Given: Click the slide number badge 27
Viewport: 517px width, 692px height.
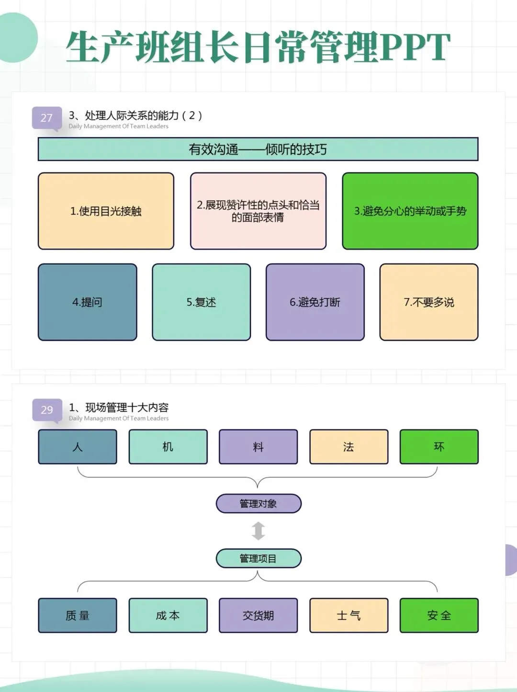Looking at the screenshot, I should click(46, 118).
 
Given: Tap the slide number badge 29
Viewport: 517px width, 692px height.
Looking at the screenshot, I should click(47, 410).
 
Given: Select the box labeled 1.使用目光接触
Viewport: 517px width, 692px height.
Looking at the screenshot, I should click(106, 211).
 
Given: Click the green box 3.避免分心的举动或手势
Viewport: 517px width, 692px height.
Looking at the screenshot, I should click(410, 211).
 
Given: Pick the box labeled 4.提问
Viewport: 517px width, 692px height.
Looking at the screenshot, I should click(87, 302).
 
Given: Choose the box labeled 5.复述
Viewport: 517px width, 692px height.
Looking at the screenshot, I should click(201, 302).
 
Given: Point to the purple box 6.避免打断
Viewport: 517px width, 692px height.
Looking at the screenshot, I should click(315, 302).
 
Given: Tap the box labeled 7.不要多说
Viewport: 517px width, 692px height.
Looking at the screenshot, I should click(429, 302).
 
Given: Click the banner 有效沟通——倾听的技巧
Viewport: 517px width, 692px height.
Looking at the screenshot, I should click(258, 149).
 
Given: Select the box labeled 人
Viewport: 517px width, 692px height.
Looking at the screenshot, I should click(78, 447).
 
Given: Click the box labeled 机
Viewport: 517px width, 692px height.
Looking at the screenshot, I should click(168, 447).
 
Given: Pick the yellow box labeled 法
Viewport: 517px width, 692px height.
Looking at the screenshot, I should click(348, 447).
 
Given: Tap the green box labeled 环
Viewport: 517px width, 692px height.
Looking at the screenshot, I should click(439, 447).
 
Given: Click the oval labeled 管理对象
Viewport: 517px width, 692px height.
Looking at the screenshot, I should click(258, 504).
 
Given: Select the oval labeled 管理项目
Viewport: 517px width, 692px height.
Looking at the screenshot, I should click(258, 558).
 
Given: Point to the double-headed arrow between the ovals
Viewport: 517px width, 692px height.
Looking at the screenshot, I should click(258, 531).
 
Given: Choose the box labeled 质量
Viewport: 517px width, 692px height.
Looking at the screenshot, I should click(78, 615).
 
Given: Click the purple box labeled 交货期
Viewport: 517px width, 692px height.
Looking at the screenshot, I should click(258, 615).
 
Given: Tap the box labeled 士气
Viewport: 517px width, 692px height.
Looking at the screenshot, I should click(348, 615).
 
